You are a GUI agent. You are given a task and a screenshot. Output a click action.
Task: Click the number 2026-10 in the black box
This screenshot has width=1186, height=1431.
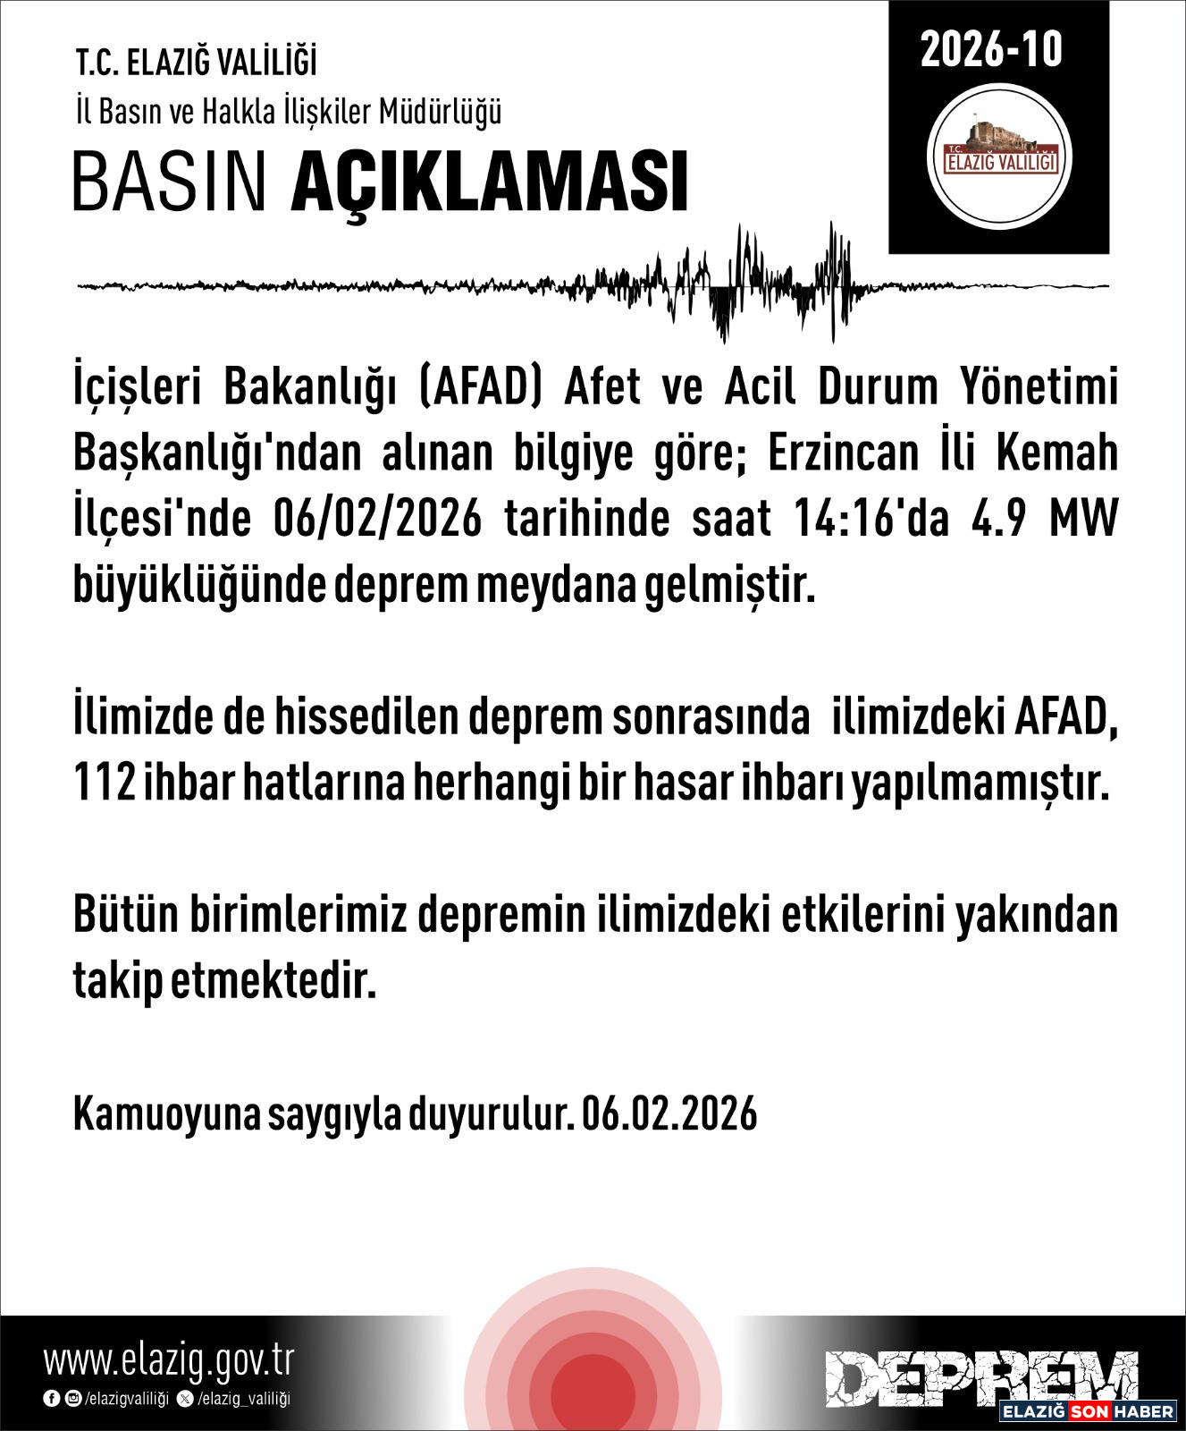(991, 50)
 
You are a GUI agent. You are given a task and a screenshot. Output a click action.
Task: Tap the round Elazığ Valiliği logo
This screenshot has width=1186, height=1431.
(999, 157)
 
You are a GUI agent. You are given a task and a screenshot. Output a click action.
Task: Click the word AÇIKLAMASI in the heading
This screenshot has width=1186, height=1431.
(490, 182)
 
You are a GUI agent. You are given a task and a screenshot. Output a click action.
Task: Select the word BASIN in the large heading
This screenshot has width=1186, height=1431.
(170, 182)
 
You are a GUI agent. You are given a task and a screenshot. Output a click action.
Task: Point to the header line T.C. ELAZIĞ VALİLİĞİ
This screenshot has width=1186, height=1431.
(196, 64)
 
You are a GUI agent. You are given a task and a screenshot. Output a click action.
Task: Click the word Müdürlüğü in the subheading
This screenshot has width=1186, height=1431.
(440, 112)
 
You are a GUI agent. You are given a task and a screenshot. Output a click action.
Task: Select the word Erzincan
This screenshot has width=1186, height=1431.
(843, 453)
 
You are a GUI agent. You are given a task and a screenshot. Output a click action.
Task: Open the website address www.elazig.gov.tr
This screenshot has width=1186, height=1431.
(169, 1361)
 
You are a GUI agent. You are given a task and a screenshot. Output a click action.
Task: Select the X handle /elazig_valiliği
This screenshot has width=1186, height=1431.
(242, 1399)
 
